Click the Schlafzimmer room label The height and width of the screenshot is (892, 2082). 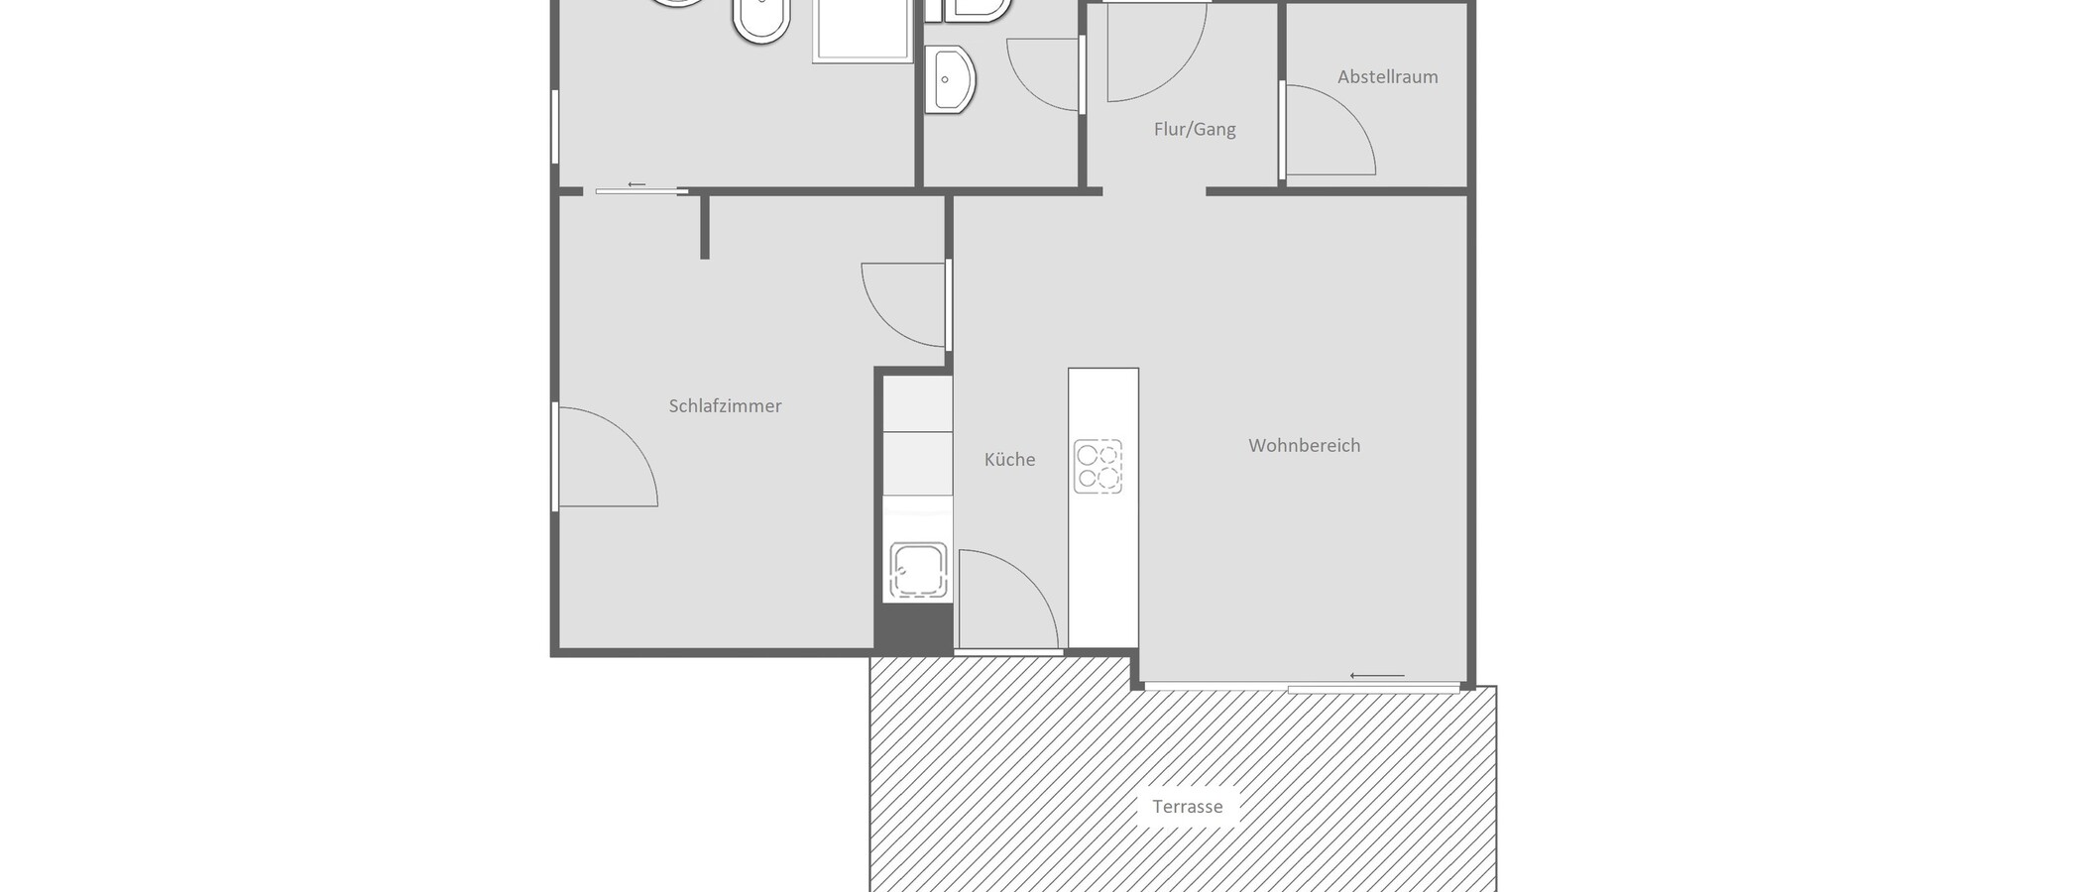pyautogui.click(x=725, y=405)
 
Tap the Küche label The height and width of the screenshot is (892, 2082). pyautogui.click(x=1009, y=459)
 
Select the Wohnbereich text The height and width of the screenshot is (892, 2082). pyautogui.click(x=1304, y=445)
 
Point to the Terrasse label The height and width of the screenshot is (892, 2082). pyautogui.click(x=1187, y=806)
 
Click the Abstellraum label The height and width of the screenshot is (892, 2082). pyautogui.click(x=1387, y=76)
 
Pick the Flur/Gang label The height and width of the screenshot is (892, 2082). pyautogui.click(x=1195, y=129)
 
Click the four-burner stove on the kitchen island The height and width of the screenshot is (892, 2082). pyautogui.click(x=1098, y=466)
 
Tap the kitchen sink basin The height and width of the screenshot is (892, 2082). pyautogui.click(x=917, y=572)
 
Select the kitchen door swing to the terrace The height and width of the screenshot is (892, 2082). pyautogui.click(x=1006, y=600)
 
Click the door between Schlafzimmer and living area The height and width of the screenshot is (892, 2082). pyautogui.click(x=902, y=305)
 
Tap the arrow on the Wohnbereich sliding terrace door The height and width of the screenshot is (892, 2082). pyautogui.click(x=1376, y=676)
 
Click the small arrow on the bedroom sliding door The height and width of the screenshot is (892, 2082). pyautogui.click(x=636, y=184)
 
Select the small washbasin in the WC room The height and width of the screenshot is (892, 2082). pyautogui.click(x=951, y=79)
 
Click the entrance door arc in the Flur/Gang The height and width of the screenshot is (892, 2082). pyautogui.click(x=1155, y=55)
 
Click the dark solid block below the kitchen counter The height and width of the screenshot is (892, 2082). pyautogui.click(x=913, y=627)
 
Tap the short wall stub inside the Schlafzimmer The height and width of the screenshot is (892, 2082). pyautogui.click(x=705, y=227)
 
